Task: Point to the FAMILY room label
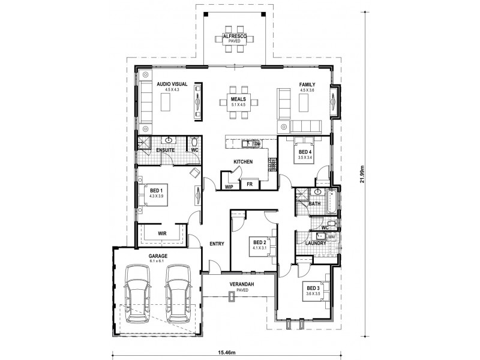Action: [307, 85]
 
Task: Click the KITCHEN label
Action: [242, 162]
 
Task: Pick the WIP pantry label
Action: [229, 187]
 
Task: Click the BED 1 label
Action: [156, 190]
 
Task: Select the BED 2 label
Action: [259, 236]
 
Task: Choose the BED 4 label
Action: [306, 152]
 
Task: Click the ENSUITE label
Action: [165, 149]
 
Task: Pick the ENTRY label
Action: [217, 244]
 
